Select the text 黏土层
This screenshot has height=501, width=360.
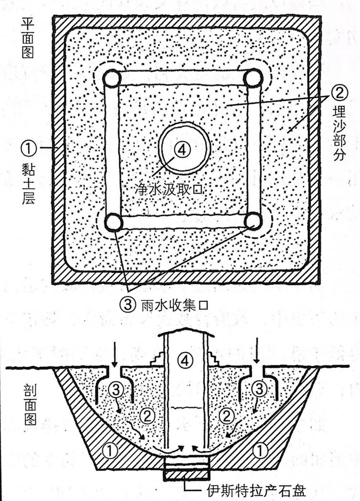[x=28, y=182]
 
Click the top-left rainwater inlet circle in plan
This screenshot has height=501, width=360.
[x=112, y=79]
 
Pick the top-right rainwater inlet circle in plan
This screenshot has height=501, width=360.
[x=253, y=79]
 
